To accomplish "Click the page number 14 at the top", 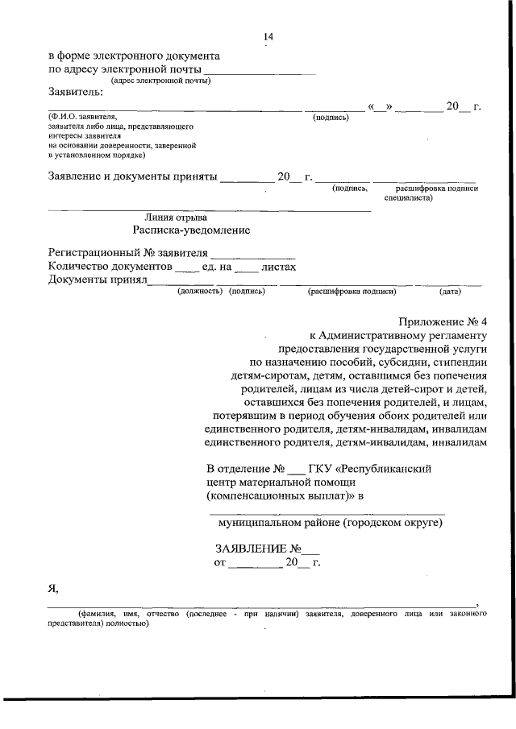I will (268, 37).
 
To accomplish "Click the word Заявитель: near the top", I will (76, 92).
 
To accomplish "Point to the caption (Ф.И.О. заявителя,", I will (83, 118).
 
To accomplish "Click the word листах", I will (279, 267).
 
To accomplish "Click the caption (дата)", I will (450, 292).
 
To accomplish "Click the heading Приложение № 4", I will (443, 321).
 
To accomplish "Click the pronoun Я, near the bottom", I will (53, 588).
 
